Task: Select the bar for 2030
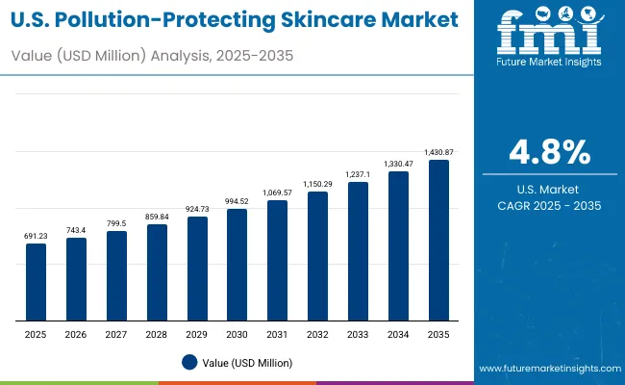[237, 265]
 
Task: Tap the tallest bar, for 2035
[438, 241]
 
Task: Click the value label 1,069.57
[277, 192]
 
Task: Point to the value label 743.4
[76, 230]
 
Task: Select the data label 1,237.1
[358, 174]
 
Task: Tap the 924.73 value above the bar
[197, 209]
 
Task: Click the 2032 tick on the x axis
[317, 335]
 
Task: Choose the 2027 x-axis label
[116, 335]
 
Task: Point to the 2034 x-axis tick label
[398, 335]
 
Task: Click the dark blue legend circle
[189, 362]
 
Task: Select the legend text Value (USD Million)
[248, 362]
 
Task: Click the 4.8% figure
[550, 152]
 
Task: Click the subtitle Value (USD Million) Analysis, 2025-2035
[152, 55]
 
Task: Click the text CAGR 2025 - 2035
[550, 206]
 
